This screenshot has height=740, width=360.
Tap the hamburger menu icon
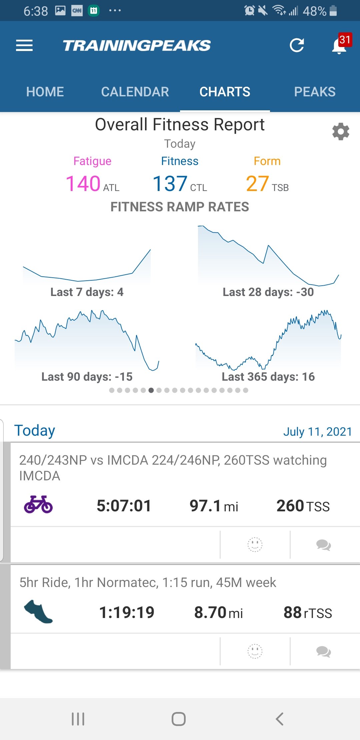[x=24, y=45]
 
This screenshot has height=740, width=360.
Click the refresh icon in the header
[x=297, y=45]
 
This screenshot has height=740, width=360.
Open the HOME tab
[x=45, y=92]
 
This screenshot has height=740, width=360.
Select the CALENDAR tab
[x=135, y=92]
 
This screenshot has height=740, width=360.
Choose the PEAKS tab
[x=315, y=92]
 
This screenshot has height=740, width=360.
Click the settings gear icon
[x=341, y=132]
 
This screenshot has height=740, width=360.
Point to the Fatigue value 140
[x=83, y=184]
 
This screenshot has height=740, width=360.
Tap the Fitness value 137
[x=170, y=184]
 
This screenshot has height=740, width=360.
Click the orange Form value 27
[x=257, y=184]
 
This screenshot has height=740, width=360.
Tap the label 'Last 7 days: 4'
[x=87, y=292]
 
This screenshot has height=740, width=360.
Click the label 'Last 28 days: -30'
[x=268, y=292]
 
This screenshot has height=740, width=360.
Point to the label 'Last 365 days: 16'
[x=268, y=377]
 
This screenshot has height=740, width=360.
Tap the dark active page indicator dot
[x=151, y=390]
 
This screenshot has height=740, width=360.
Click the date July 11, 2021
[x=317, y=432]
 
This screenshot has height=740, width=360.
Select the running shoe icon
[x=38, y=612]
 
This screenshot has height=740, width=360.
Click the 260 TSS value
[x=303, y=506]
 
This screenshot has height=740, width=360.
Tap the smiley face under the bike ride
[x=255, y=545]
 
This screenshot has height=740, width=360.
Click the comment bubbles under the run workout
[x=323, y=651]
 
